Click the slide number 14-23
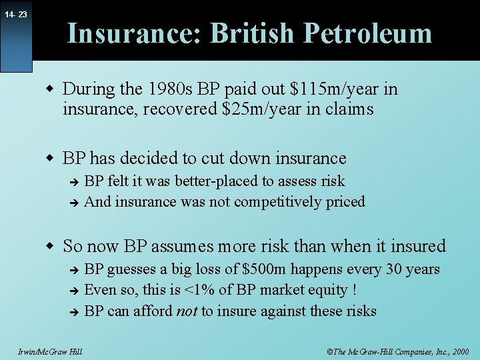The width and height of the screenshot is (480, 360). coord(14,14)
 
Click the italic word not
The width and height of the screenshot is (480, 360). coord(186,311)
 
